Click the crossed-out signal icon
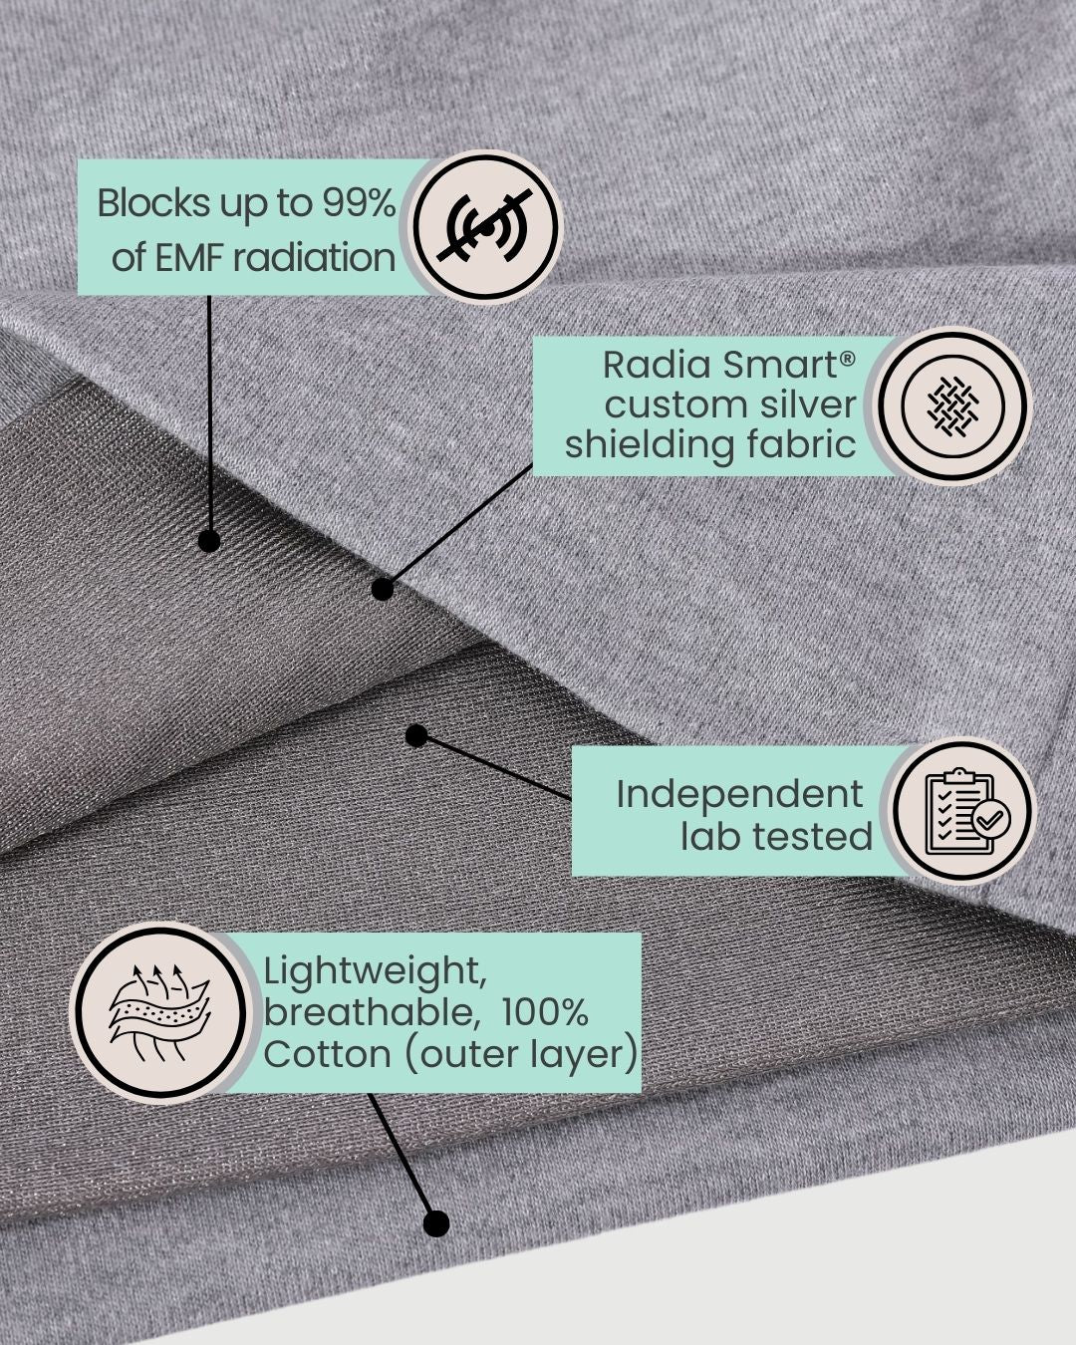(x=486, y=228)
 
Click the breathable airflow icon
(x=157, y=1012)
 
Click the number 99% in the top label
(x=358, y=203)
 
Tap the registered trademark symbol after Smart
(x=847, y=357)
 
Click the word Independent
(x=739, y=794)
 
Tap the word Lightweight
(x=375, y=971)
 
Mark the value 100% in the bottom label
(x=544, y=1012)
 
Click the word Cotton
(x=327, y=1054)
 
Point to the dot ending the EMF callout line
(x=209, y=540)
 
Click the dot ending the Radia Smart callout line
(x=382, y=590)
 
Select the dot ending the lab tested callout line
(x=417, y=736)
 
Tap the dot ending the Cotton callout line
(x=435, y=1223)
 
